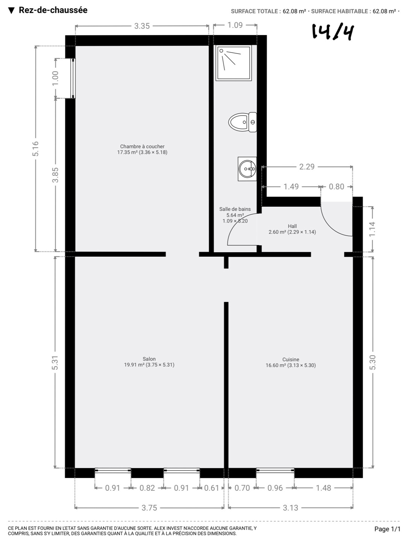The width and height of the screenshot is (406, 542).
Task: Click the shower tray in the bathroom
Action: coord(233,63)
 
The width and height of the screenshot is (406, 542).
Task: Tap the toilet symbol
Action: coord(242,122)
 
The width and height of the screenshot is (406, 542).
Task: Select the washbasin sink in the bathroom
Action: coord(247,169)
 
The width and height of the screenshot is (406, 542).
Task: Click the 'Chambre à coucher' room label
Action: coord(142,146)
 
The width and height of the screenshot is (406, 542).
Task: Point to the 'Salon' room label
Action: coord(149,359)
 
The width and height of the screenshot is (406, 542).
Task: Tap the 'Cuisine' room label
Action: coord(291,359)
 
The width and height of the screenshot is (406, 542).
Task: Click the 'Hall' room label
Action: coord(292,226)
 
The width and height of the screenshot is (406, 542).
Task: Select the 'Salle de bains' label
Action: coord(235,209)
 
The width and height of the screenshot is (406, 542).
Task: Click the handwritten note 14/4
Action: coord(333,32)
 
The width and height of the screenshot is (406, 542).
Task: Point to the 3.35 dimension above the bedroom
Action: coord(142,26)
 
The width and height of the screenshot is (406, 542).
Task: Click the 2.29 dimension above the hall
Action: coord(307,167)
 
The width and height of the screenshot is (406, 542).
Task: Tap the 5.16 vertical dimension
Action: coord(36,149)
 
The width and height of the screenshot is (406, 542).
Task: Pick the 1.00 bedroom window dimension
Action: coord(56,78)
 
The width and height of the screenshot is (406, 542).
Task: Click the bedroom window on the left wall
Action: coord(73,78)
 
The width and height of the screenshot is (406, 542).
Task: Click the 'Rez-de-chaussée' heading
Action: coord(53,10)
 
